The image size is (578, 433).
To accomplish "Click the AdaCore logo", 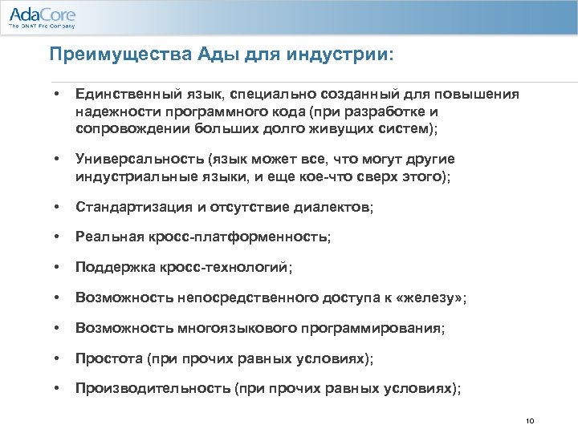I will (42, 15).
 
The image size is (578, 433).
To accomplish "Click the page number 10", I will (528, 421).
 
